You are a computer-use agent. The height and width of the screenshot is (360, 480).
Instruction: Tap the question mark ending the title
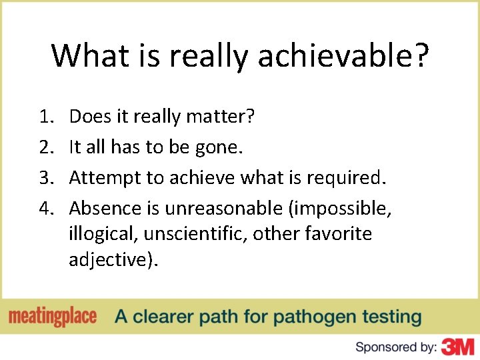(x=419, y=56)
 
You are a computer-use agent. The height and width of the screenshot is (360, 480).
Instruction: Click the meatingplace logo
(x=53, y=317)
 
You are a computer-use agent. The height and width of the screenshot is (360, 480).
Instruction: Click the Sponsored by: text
(x=396, y=347)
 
